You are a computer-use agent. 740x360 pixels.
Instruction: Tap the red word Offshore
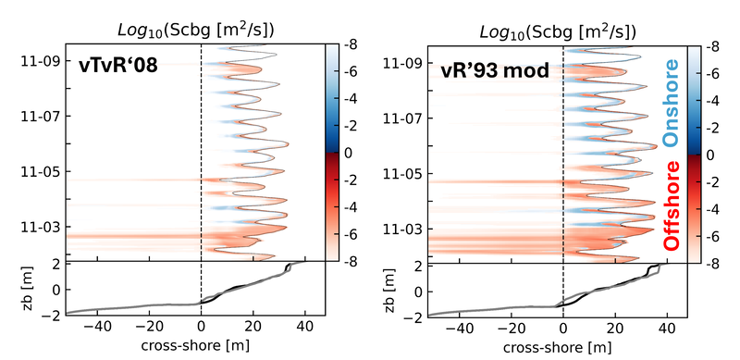click(672, 206)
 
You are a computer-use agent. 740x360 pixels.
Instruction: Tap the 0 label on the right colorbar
click(709, 155)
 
